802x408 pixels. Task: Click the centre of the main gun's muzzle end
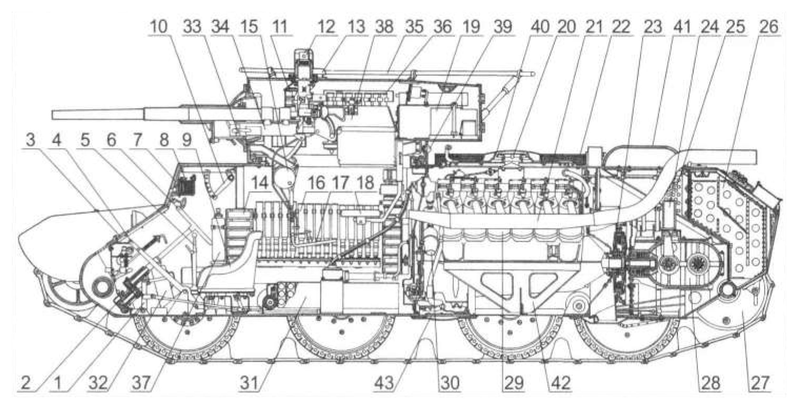53,115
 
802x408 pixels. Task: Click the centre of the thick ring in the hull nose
102,287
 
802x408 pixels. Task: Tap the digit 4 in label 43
380,383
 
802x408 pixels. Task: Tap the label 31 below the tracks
250,383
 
